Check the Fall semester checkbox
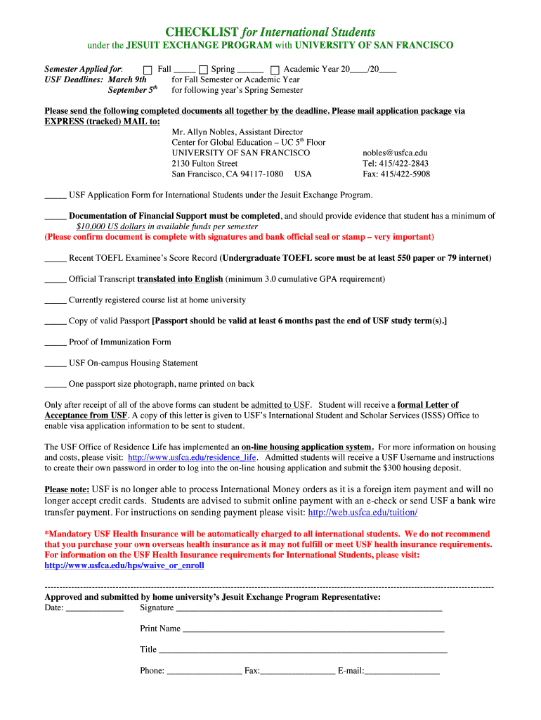click(x=148, y=70)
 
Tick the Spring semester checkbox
click(x=203, y=70)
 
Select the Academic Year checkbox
click(x=275, y=70)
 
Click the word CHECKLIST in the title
click(x=202, y=32)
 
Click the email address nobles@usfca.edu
click(x=395, y=153)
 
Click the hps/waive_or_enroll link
click(x=124, y=565)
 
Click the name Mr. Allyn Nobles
click(x=203, y=132)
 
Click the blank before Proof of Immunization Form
click(x=55, y=343)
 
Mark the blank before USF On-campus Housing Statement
click(x=55, y=364)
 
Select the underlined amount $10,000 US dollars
click(x=110, y=227)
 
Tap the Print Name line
click(x=313, y=629)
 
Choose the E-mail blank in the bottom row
click(x=402, y=671)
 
